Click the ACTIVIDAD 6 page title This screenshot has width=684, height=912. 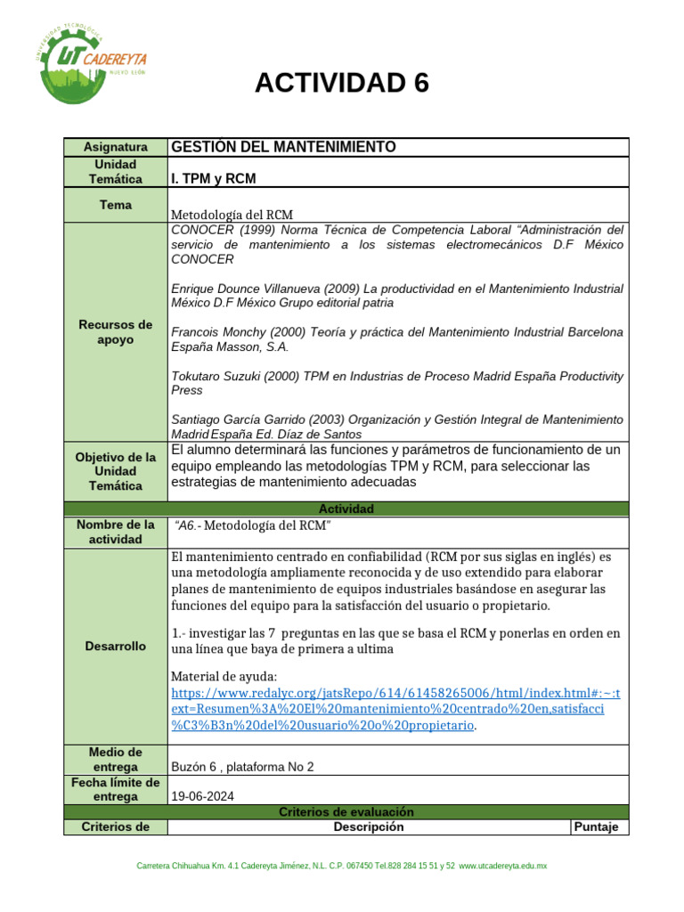click(x=341, y=83)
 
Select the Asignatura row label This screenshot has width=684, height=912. click(x=115, y=147)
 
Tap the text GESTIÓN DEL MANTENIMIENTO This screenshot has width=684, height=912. click(x=283, y=147)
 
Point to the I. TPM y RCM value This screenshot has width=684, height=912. click(x=213, y=179)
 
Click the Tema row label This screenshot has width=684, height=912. click(x=115, y=205)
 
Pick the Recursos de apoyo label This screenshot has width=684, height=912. click(x=115, y=332)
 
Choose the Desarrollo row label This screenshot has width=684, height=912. click(x=115, y=646)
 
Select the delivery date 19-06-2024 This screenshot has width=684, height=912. click(x=202, y=796)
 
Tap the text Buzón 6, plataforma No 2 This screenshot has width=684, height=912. click(x=241, y=767)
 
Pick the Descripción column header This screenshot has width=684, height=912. click(x=368, y=826)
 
